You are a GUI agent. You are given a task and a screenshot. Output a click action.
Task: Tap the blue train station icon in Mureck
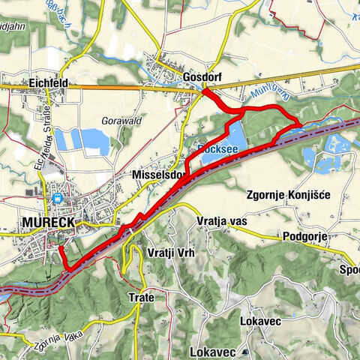click(x=57, y=199)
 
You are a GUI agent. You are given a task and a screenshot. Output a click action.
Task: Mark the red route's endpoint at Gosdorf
click(x=205, y=91)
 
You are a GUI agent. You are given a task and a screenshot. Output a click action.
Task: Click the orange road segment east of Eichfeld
click(x=120, y=88)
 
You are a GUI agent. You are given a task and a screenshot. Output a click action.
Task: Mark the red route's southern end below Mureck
click(x=68, y=268)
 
